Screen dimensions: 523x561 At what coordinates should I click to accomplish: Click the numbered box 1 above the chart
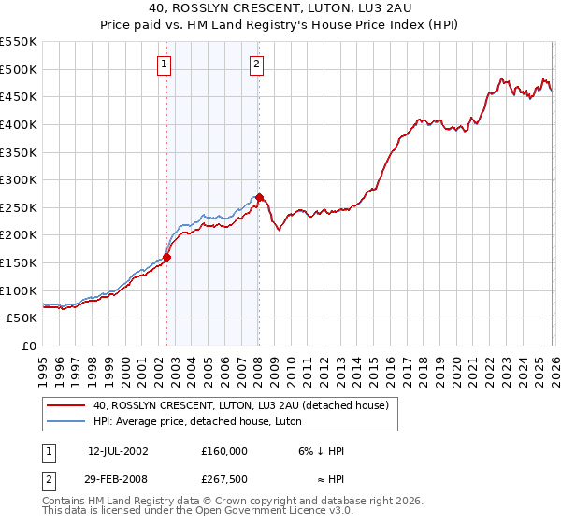tap(165, 64)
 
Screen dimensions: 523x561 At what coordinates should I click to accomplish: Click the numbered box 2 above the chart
tap(256, 64)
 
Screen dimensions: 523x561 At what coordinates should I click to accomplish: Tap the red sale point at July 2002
tap(167, 257)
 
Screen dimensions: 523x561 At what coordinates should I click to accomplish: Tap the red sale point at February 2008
tap(259, 197)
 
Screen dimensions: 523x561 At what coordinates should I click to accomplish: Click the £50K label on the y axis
tap(22, 318)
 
